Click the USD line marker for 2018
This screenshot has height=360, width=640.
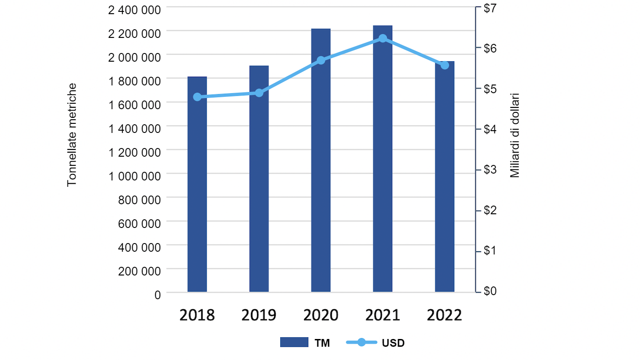(x=197, y=97)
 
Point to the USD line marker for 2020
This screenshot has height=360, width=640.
(x=321, y=60)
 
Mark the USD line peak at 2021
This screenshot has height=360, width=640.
(x=383, y=38)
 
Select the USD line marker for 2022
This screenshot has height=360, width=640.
(x=445, y=65)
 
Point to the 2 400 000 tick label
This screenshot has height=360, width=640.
(x=134, y=10)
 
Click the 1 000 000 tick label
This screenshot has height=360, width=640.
(x=134, y=176)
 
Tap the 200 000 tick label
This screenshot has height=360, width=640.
(x=140, y=271)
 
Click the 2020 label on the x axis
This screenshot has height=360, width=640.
(x=320, y=315)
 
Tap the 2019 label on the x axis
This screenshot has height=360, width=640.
(x=259, y=315)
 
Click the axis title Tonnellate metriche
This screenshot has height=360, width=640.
(x=72, y=135)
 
